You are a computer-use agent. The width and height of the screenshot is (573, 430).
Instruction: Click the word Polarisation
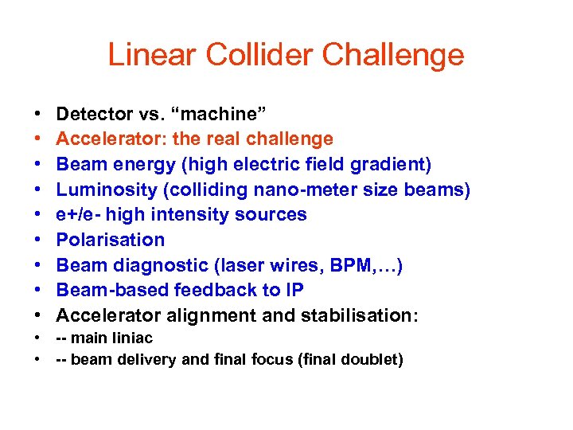coord(111,240)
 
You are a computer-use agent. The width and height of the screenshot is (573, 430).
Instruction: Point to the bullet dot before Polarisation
coord(38,240)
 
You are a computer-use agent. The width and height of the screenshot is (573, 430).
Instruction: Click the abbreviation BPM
coord(346,265)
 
